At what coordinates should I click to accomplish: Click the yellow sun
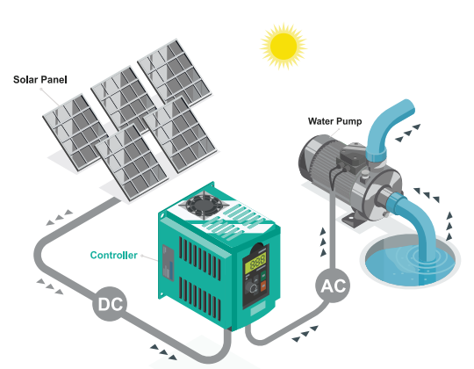pyautogui.click(x=284, y=47)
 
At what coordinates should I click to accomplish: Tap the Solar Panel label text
pyautogui.click(x=40, y=80)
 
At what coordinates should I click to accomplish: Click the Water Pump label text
pyautogui.click(x=335, y=121)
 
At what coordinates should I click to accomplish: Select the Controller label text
pyautogui.click(x=113, y=255)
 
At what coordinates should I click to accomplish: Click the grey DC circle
pyautogui.click(x=110, y=303)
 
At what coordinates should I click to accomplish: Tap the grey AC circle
pyautogui.click(x=333, y=286)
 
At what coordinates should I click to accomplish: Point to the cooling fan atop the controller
pyautogui.click(x=203, y=206)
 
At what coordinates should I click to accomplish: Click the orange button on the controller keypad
pyautogui.click(x=263, y=286)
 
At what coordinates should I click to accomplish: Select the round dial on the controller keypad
pyautogui.click(x=252, y=287)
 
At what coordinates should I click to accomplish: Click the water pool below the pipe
pyautogui.click(x=410, y=264)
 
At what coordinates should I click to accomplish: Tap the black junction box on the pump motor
pyautogui.click(x=353, y=156)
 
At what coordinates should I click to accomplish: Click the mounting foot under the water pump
pyautogui.click(x=353, y=220)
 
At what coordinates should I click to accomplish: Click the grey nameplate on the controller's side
pyautogui.click(x=169, y=262)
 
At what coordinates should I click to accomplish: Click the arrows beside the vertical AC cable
pyautogui.click(x=323, y=242)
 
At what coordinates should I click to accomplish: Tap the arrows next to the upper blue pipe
pyautogui.click(x=408, y=133)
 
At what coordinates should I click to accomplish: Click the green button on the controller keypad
pyautogui.click(x=263, y=275)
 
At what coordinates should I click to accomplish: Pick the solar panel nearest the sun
pyautogui.click(x=175, y=72)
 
